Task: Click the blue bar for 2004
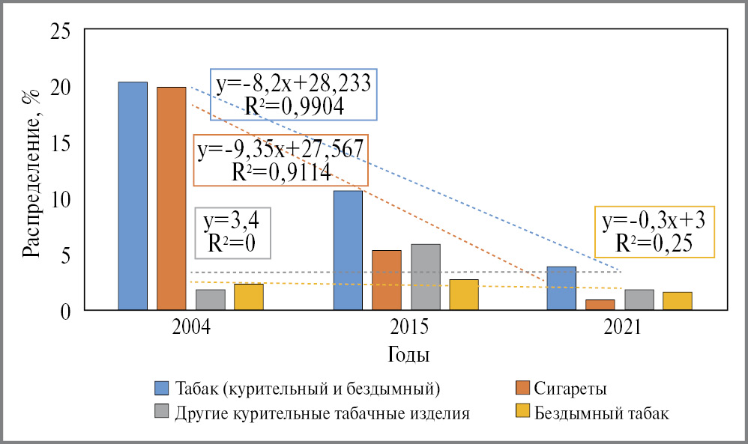click(x=133, y=195)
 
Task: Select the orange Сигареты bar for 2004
click(x=171, y=198)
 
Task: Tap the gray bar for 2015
click(x=426, y=277)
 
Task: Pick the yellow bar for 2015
click(x=464, y=294)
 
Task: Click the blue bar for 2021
click(x=561, y=288)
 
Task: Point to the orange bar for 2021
click(x=600, y=305)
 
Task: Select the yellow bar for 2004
click(x=249, y=296)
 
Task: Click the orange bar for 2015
click(x=387, y=280)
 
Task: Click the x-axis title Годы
click(x=408, y=353)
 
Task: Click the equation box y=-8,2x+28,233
click(x=293, y=94)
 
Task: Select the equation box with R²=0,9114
click(x=280, y=160)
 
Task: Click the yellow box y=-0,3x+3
click(x=654, y=231)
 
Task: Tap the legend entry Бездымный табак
click(x=592, y=413)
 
